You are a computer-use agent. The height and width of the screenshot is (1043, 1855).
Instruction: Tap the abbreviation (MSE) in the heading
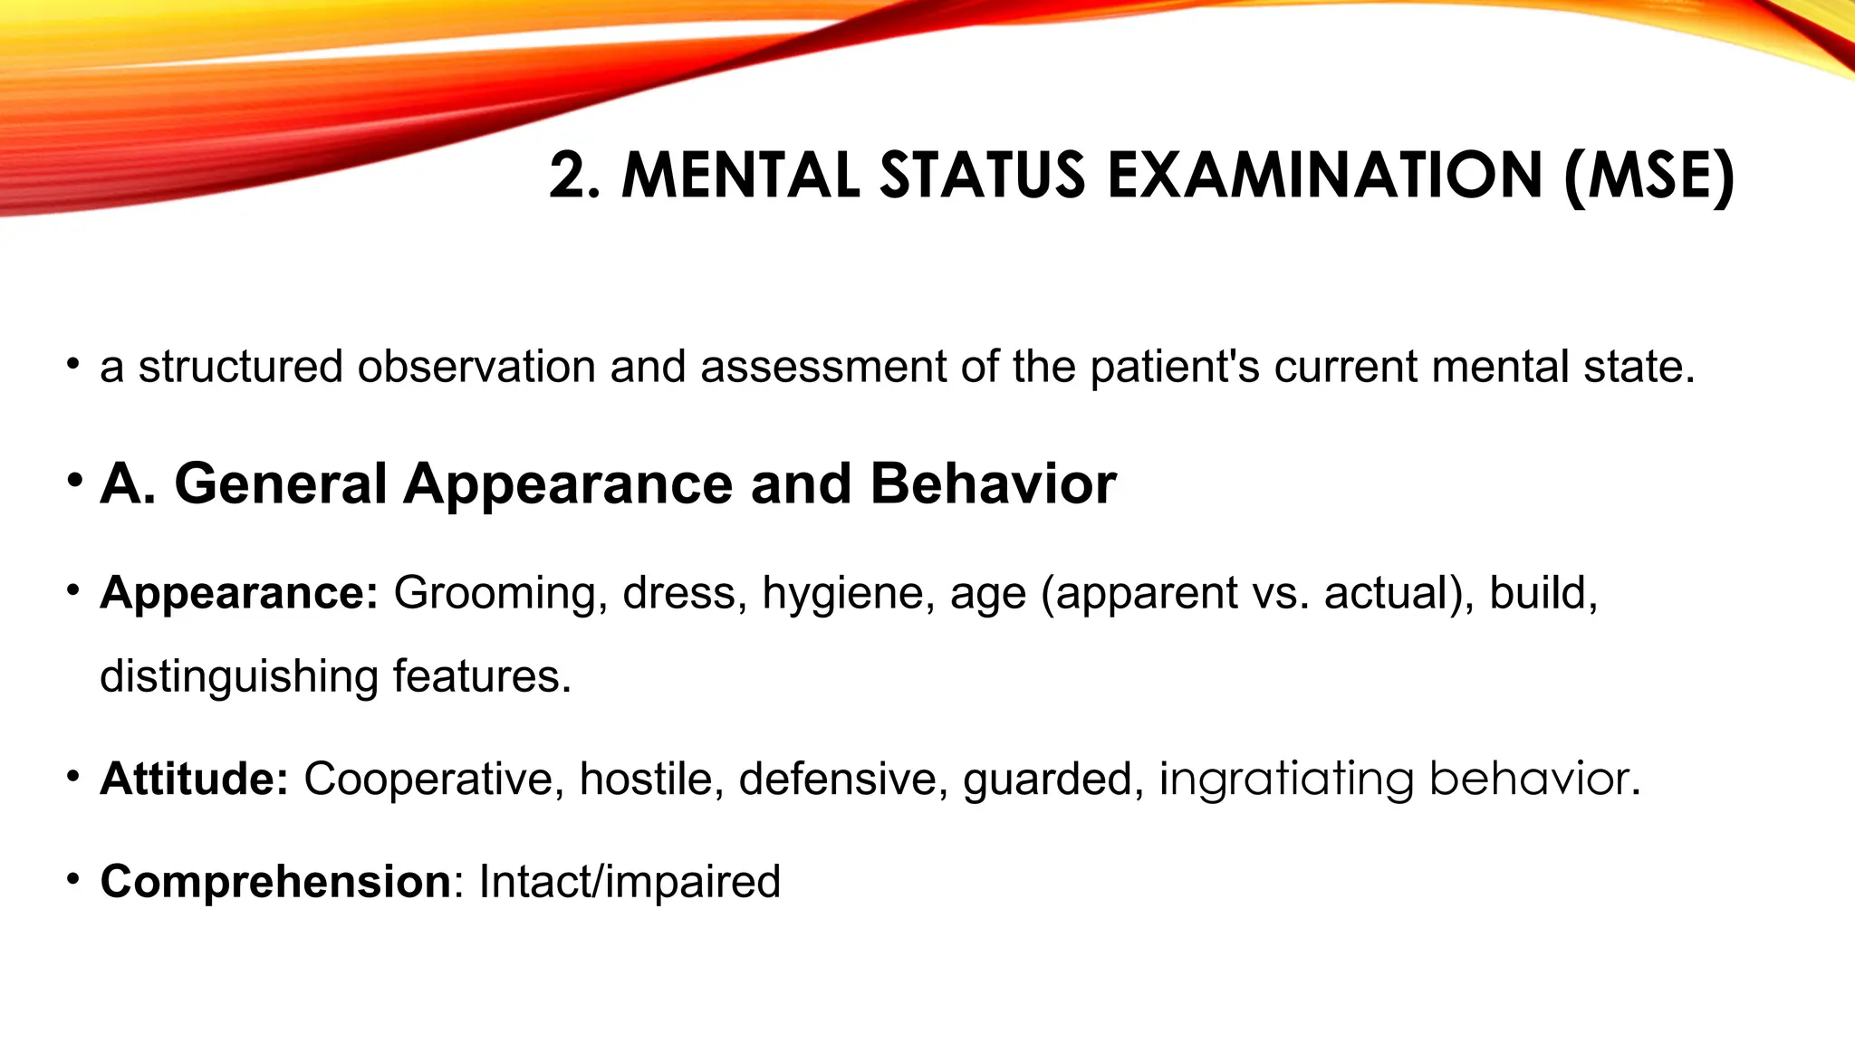(1648, 176)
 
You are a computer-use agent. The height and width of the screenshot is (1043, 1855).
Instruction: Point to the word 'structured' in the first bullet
(240, 367)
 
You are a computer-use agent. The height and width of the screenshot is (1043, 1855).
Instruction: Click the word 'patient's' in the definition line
(1175, 367)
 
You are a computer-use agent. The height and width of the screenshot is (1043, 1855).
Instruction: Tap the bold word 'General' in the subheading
(281, 483)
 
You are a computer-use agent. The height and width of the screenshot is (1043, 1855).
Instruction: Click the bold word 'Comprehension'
(275, 881)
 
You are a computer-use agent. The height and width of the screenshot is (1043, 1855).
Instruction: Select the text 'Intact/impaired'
(630, 881)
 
